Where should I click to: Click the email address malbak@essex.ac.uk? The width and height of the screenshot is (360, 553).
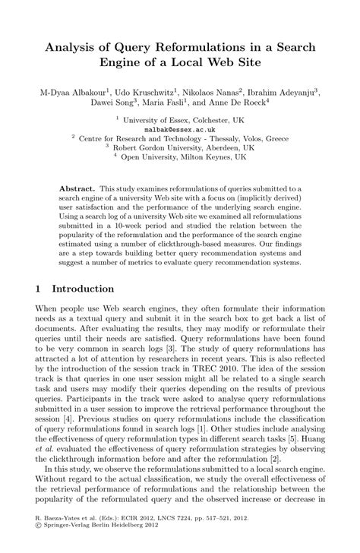pyautogui.click(x=180, y=130)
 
